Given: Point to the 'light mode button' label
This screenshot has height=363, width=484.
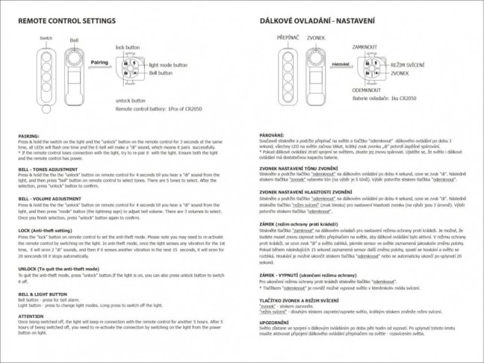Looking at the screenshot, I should (x=167, y=66).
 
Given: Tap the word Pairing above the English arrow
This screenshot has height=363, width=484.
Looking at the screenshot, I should (x=99, y=63).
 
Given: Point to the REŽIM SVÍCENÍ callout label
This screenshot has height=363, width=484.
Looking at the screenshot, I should (x=409, y=66).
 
